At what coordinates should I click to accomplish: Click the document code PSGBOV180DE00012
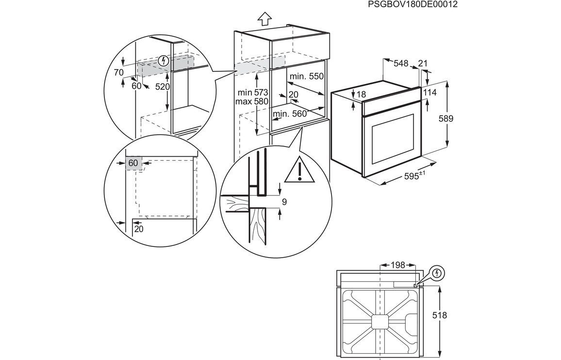412,4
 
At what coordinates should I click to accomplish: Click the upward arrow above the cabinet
264,19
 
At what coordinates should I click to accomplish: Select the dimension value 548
401,63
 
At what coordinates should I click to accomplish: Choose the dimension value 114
430,92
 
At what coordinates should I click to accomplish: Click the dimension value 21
423,63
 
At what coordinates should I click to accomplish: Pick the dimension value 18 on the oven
361,95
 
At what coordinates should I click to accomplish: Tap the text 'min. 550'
306,76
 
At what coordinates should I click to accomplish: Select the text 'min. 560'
290,114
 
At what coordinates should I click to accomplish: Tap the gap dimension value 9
284,202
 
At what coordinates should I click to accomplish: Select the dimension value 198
398,265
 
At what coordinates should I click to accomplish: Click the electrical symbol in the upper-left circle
164,61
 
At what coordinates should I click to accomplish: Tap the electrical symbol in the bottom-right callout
438,273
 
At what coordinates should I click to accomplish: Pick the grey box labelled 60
133,163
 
